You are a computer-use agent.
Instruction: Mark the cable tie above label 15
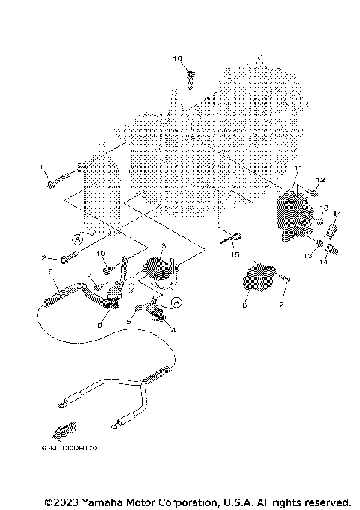click(x=229, y=240)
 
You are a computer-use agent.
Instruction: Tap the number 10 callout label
click(x=101, y=253)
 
